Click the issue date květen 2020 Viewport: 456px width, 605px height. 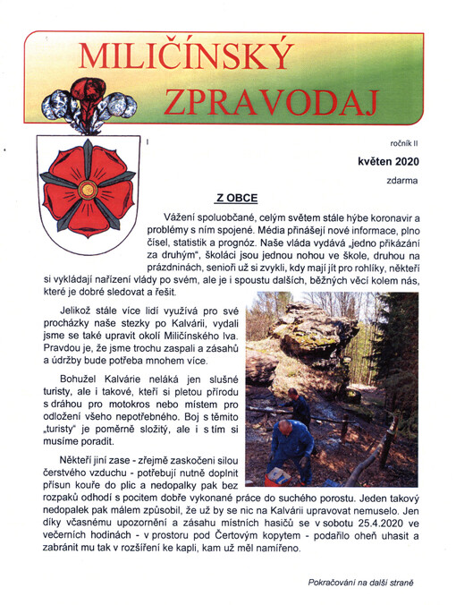385,161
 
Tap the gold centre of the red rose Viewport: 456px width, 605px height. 88,190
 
